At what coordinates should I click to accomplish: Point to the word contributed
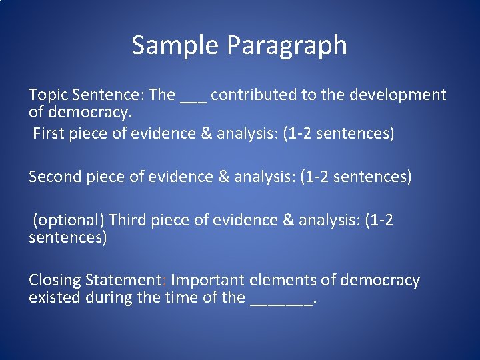pos(254,95)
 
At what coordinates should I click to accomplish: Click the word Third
pos(128,220)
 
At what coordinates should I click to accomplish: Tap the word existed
pos(55,297)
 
